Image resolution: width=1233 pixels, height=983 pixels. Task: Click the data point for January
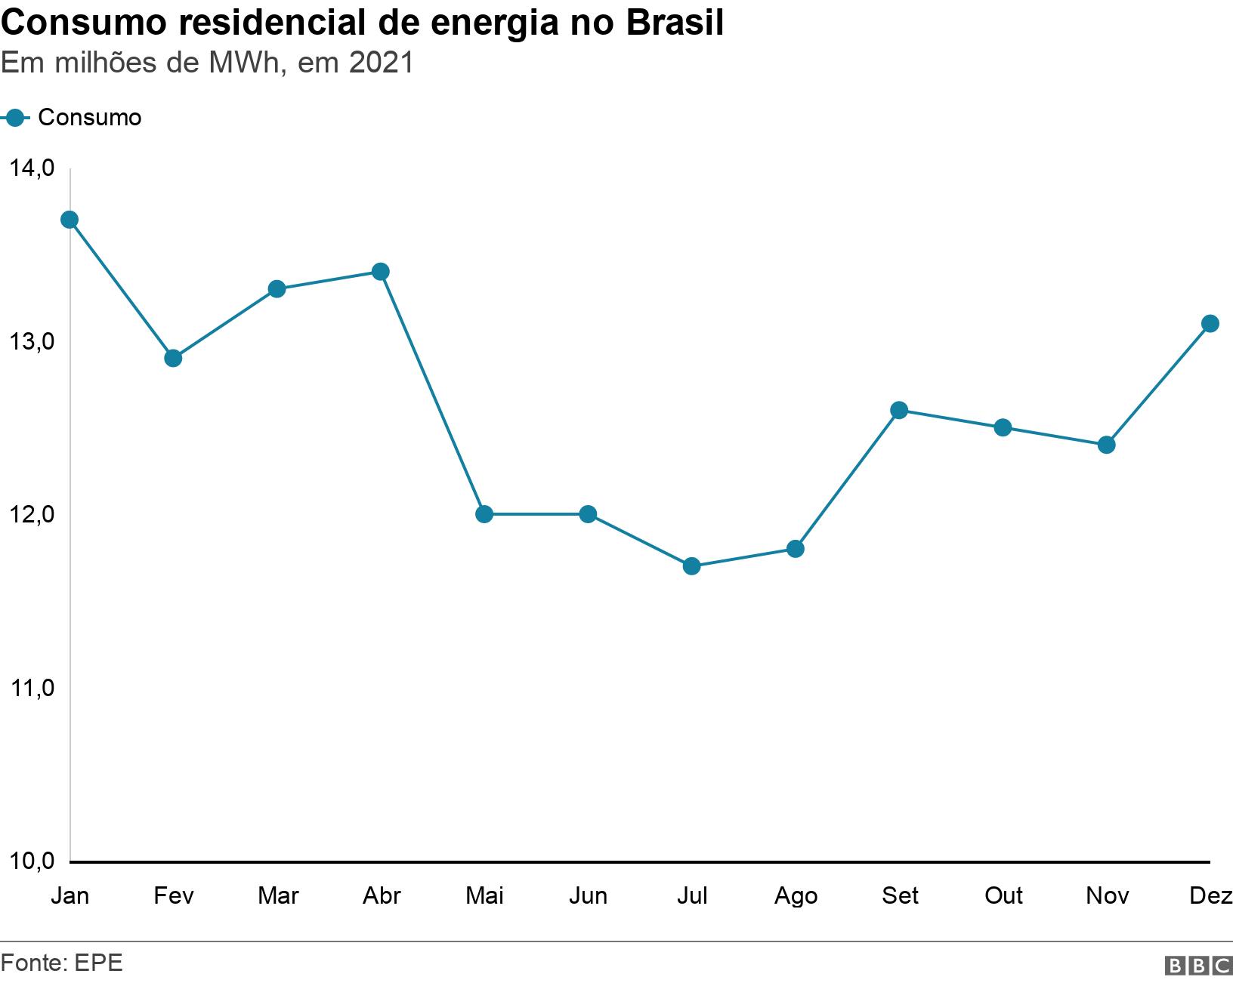pos(70,220)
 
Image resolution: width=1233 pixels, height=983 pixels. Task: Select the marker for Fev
pos(173,358)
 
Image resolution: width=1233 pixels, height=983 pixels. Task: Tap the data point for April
pos(381,272)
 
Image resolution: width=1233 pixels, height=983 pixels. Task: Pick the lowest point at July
pos(691,566)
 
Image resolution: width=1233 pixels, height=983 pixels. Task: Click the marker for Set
pos(899,410)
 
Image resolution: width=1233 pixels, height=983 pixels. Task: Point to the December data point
pos(1210,324)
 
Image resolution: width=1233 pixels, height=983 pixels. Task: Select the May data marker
pos(484,514)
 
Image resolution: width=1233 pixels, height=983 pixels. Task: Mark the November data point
pos(1106,445)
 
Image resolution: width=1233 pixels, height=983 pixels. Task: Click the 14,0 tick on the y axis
pos(32,168)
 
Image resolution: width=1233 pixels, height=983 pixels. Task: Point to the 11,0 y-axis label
pos(32,688)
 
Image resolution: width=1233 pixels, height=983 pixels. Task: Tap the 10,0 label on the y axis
pos(32,861)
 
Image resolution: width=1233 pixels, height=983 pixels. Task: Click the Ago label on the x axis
pos(796,896)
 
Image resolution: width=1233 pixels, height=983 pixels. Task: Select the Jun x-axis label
pos(588,896)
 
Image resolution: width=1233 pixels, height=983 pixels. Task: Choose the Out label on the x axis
pos(1003,896)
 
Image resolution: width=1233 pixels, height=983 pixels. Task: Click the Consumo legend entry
pos(89,118)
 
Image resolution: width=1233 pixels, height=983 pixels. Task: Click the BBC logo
pos(1198,966)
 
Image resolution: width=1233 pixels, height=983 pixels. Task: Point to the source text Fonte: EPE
pos(62,963)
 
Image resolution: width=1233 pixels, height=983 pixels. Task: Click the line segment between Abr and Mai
pos(432,393)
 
